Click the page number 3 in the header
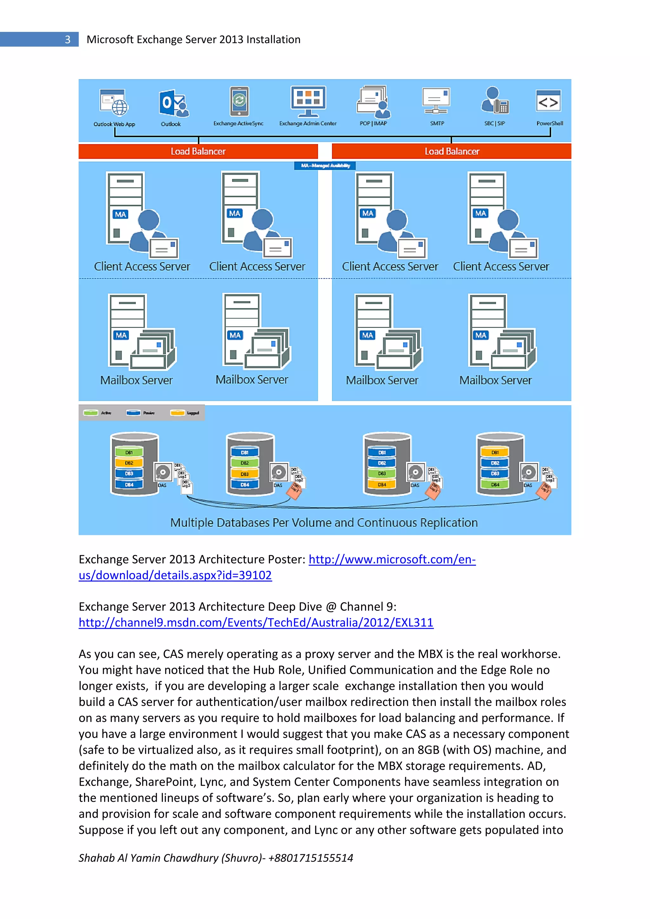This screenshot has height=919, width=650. [67, 40]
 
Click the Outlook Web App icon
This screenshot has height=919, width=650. [114, 103]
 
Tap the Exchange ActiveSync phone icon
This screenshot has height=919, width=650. [239, 101]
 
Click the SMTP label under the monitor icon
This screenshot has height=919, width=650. [437, 123]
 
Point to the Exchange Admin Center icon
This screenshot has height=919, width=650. [308, 100]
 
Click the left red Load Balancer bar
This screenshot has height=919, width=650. [198, 151]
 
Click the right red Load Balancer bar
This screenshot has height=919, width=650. [452, 151]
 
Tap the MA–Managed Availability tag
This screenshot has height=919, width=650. [325, 166]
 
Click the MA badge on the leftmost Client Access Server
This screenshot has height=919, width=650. [121, 215]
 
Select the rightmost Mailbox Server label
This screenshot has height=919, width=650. [495, 380]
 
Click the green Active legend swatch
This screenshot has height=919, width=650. [91, 413]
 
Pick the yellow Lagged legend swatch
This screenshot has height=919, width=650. [177, 413]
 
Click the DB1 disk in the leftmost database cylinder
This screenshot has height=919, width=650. [129, 452]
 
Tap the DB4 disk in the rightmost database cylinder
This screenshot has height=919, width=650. [495, 484]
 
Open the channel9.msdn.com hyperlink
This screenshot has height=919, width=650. [256, 623]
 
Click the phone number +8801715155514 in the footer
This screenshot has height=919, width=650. [311, 858]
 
